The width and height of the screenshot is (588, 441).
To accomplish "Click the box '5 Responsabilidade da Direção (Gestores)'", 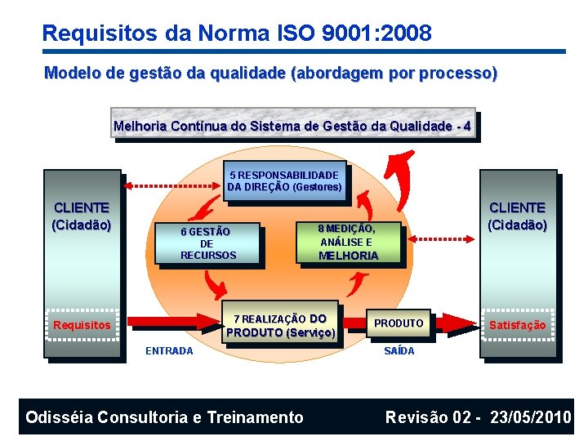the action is pyautogui.click(x=284, y=180).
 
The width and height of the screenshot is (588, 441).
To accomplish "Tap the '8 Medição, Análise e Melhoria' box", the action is pyautogui.click(x=348, y=242).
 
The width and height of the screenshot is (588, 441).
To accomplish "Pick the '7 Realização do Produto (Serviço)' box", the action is pyautogui.click(x=281, y=325).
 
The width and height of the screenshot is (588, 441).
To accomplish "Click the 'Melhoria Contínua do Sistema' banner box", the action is pyautogui.click(x=292, y=127).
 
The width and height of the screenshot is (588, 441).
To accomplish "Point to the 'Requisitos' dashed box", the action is pyautogui.click(x=82, y=326).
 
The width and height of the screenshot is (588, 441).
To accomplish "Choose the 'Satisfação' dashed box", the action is pyautogui.click(x=517, y=325).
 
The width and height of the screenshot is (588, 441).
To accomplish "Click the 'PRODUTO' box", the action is pyautogui.click(x=399, y=323).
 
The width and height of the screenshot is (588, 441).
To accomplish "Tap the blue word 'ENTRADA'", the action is pyautogui.click(x=169, y=351).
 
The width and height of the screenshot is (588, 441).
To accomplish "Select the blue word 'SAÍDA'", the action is pyautogui.click(x=399, y=351).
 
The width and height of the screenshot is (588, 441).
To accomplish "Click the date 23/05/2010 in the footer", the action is pyautogui.click(x=531, y=417).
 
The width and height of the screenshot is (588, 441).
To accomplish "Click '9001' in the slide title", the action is pyautogui.click(x=343, y=33).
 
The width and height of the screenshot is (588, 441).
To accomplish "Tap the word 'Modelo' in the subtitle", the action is pyautogui.click(x=73, y=73).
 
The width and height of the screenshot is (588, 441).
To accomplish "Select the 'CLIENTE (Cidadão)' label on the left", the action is pyautogui.click(x=82, y=216).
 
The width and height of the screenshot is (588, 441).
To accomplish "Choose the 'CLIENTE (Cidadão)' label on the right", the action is pyautogui.click(x=517, y=216).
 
